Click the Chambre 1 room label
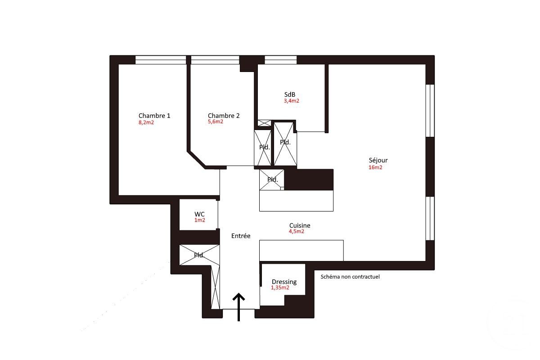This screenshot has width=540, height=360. click(x=154, y=116)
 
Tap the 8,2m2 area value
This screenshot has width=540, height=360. click(x=146, y=122)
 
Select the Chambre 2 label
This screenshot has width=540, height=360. click(x=224, y=116)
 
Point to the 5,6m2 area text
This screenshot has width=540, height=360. click(x=216, y=122)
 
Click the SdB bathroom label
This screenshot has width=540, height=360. click(x=290, y=94)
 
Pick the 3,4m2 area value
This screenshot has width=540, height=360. click(x=291, y=101)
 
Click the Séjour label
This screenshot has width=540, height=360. click(x=378, y=160)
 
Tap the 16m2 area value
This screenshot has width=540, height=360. click(x=375, y=167)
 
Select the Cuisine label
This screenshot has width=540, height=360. click(x=300, y=225)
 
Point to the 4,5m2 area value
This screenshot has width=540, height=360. click(x=297, y=232)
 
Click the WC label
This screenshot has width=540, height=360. click(x=200, y=214)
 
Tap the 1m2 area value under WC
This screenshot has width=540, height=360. click(x=200, y=220)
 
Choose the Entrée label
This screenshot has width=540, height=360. click(x=241, y=236)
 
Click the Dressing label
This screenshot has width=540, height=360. click(x=284, y=282)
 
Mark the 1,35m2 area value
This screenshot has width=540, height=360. click(x=280, y=288)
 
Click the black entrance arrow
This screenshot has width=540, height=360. click(x=238, y=306)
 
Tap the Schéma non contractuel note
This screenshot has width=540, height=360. click(x=350, y=277)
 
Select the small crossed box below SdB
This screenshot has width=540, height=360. click(x=264, y=123)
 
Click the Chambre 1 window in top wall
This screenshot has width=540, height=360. click(x=161, y=60)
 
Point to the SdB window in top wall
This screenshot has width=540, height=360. click(x=280, y=60)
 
